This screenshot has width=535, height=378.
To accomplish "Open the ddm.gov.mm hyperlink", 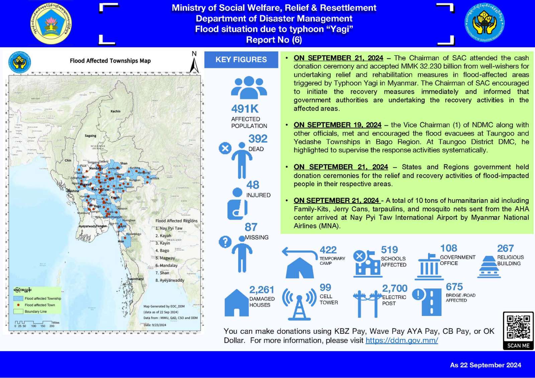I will (402, 340).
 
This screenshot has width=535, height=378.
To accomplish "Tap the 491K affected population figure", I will (245, 109).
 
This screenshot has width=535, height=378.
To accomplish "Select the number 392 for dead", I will (258, 139).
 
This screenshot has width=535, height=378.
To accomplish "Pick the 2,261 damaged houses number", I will (261, 290).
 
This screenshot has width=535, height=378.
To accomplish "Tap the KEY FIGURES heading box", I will (241, 59).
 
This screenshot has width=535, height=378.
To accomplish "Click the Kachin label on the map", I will (115, 111).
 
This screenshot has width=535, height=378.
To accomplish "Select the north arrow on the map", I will (194, 64).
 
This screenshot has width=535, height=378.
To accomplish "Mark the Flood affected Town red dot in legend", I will (18, 305).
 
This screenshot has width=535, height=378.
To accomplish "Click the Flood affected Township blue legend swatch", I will (18, 298).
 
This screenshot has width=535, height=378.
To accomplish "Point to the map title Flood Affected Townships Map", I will (110, 61).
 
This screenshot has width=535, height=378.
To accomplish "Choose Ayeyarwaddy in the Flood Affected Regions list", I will (172, 280).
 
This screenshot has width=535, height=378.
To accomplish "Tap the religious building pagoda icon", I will (489, 267).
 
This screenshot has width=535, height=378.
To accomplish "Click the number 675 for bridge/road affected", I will (454, 287).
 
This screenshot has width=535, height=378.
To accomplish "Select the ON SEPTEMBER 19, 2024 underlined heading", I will (337, 125).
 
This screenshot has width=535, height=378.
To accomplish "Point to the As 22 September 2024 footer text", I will (485, 365).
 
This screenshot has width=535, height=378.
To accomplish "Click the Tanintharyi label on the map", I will (135, 279).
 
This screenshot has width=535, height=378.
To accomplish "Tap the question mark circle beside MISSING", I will (225, 242).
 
